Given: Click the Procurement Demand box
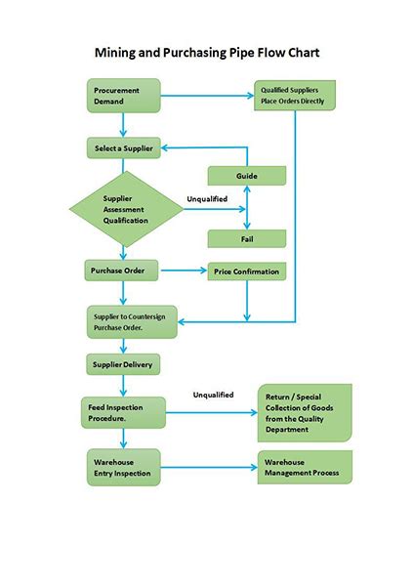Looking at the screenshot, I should click(x=123, y=96).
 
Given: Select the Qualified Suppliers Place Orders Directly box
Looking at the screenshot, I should click(x=295, y=96).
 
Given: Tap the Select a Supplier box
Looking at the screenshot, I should click(x=123, y=147).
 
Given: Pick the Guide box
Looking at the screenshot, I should click(x=246, y=176).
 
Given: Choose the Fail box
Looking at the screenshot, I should click(x=246, y=238).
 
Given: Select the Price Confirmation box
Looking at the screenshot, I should click(x=246, y=271).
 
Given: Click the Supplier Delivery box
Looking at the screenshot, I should click(x=123, y=364).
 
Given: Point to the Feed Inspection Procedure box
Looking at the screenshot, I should click(x=123, y=409).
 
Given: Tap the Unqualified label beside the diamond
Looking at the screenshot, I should click(x=207, y=199).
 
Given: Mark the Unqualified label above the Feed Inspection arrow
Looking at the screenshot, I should click(x=213, y=395).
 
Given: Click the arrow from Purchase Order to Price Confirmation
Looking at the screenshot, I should click(x=184, y=271).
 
